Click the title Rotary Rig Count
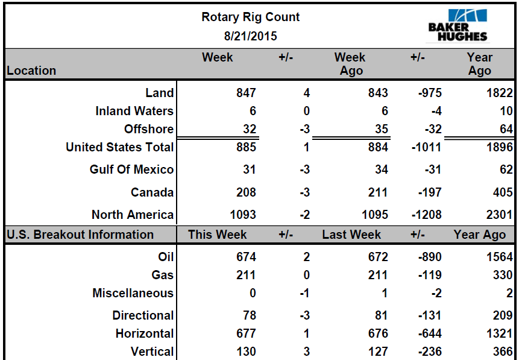[x=250, y=17]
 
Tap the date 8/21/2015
[x=250, y=36]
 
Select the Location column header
[x=31, y=71]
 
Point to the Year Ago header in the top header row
[x=479, y=64]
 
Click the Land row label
[x=160, y=93]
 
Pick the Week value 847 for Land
[x=246, y=93]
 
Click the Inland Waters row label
[x=134, y=111]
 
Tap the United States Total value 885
[x=246, y=147]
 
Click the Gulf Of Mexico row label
[x=131, y=170]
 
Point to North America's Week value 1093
[x=243, y=215]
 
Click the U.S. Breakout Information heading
[x=80, y=235]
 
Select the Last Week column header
[x=351, y=235]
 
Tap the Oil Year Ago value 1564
[x=500, y=257]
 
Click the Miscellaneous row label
[x=133, y=294]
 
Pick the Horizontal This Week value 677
[x=246, y=333]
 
